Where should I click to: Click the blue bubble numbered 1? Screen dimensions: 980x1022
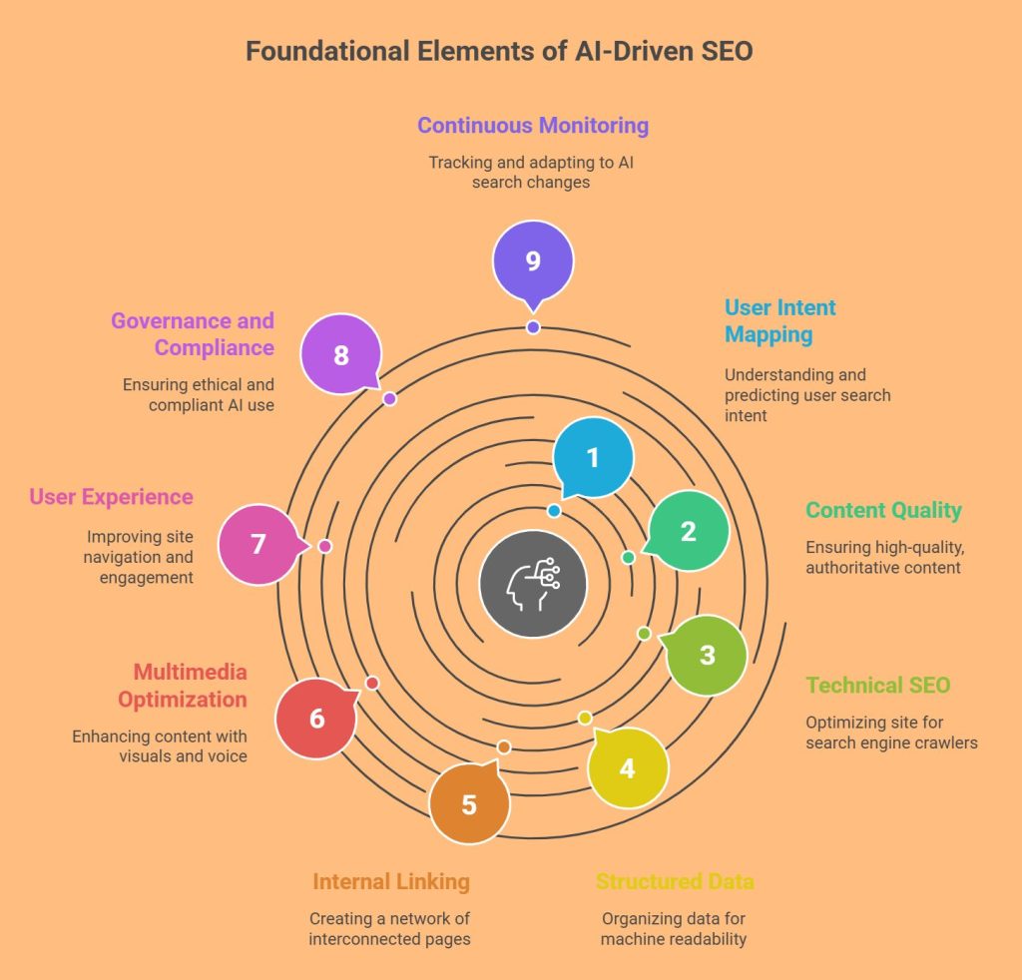pos(593,457)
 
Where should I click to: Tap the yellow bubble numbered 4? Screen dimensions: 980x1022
pos(627,767)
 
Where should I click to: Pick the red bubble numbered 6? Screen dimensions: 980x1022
pos(316,718)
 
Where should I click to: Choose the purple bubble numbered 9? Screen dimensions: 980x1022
pos(533,260)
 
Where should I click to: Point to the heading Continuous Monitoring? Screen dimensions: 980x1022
pos(533,125)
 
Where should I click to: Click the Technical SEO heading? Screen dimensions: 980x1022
pos(878,685)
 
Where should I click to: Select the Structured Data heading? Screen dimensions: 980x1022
pos(675,881)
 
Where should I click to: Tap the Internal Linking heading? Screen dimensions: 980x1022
pos(391,881)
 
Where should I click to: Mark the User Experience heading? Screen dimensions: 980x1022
pos(111,496)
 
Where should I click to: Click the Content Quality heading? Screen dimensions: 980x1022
pos(883,510)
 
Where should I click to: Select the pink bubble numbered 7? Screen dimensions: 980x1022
pos(258,544)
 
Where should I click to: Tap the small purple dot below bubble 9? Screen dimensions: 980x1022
pos(533,327)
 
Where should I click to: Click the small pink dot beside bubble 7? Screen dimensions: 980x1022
pos(324,546)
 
